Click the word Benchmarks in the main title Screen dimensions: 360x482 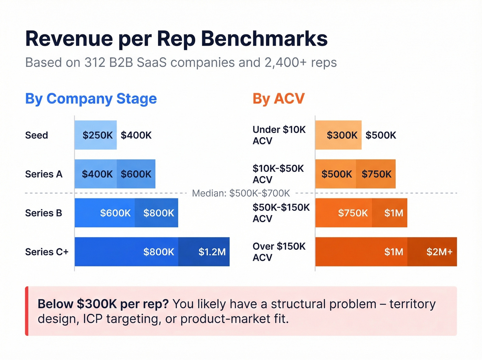264,39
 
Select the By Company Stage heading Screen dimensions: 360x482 91,99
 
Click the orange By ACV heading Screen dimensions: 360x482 279,99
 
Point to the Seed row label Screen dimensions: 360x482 36,135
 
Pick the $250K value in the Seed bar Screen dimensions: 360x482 97,135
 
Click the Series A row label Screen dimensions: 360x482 44,174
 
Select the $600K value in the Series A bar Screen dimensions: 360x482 136,174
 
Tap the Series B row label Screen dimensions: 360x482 44,213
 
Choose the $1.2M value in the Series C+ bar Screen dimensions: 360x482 212,252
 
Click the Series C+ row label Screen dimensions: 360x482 47,252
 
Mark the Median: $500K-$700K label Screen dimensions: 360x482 241,193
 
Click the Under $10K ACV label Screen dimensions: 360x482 279,135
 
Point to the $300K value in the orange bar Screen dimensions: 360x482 342,135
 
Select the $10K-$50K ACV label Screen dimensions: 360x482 278,174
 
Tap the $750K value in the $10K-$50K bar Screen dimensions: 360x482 376,174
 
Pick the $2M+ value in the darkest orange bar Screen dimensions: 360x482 439,252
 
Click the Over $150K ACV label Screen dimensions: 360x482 279,252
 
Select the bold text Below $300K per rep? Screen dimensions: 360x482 103,304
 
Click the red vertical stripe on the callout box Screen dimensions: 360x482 27,311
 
